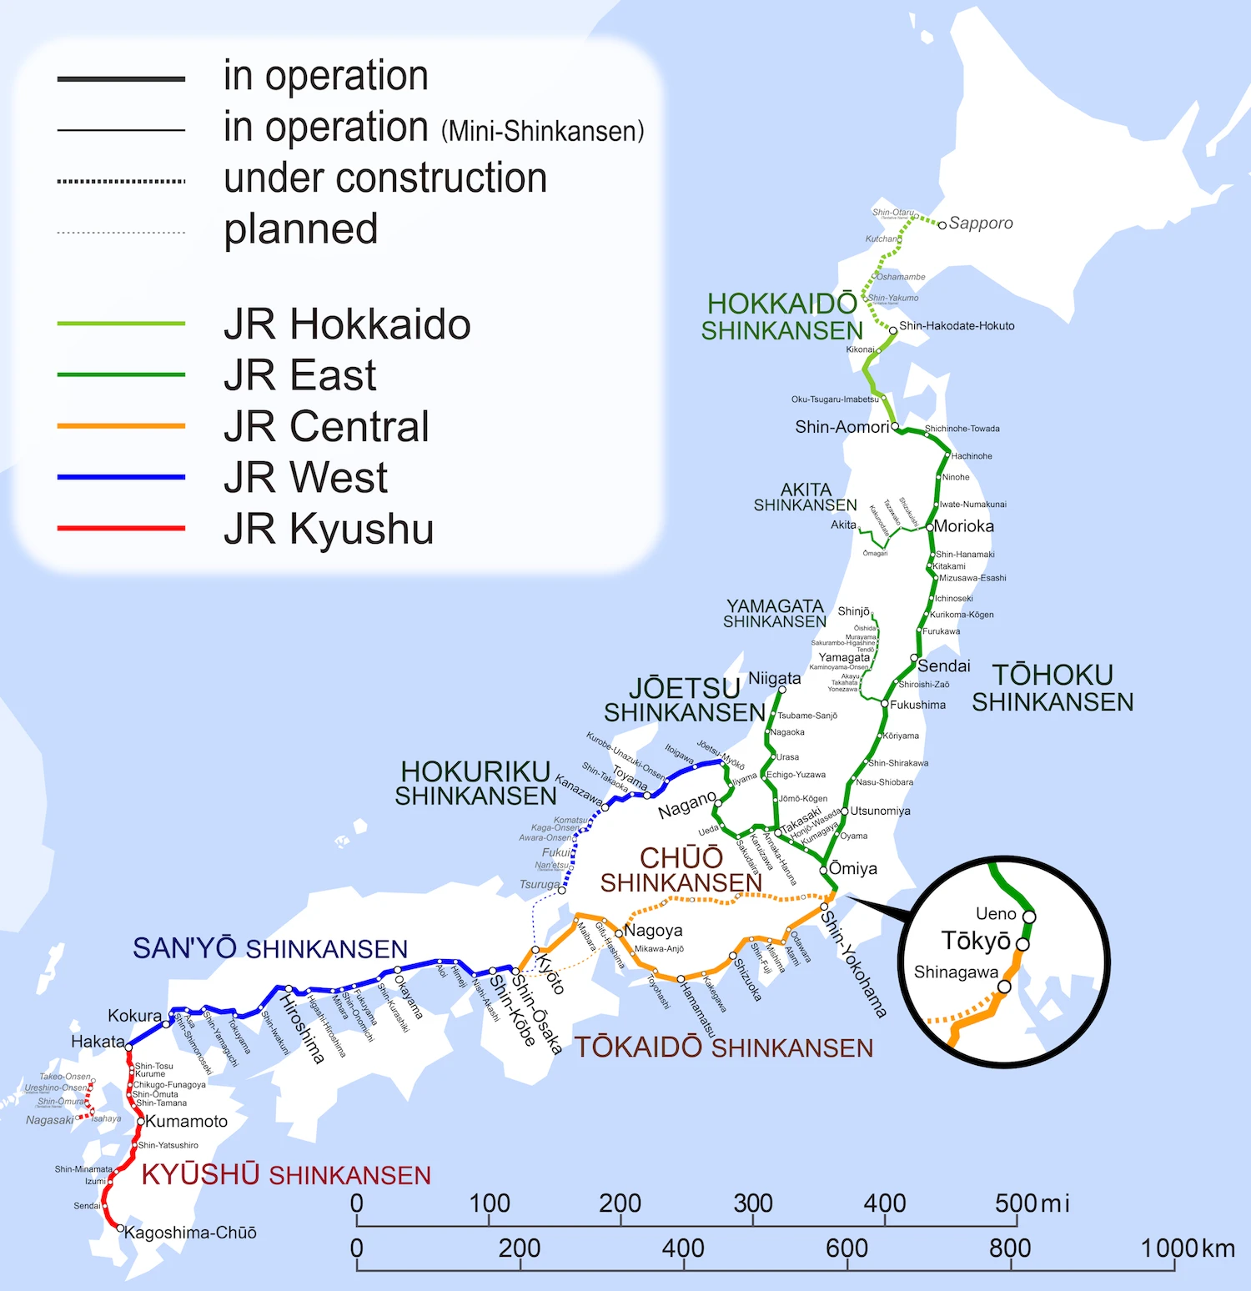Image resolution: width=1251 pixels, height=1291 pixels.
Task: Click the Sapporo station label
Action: [981, 223]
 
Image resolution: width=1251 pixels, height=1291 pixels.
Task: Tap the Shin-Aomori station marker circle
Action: [895, 426]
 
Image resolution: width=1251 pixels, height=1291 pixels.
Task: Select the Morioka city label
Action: [964, 526]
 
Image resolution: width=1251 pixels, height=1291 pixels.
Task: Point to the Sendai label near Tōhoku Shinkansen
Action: [944, 666]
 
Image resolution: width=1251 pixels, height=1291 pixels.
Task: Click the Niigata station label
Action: [774, 678]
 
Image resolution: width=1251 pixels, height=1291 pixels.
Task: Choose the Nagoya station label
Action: [654, 930]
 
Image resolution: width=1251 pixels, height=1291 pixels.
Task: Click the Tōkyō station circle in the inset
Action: [1022, 944]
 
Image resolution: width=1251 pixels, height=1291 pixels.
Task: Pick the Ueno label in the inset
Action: [996, 914]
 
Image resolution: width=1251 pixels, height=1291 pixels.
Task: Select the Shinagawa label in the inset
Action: [956, 972]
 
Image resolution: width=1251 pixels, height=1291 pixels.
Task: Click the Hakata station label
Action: [98, 1042]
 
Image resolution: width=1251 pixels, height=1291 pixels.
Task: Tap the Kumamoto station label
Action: [186, 1122]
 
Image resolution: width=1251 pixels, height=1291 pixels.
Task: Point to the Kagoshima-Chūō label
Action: [190, 1233]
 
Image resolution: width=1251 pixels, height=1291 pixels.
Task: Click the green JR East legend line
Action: [121, 374]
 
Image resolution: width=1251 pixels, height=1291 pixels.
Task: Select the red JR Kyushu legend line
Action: [121, 528]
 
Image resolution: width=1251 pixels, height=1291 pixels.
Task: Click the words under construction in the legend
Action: [384, 178]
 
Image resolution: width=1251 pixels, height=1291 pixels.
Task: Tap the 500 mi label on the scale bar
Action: [1031, 1203]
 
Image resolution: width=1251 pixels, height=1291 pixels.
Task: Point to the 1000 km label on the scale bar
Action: [1187, 1248]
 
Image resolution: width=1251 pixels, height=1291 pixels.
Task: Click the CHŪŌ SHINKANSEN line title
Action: [681, 870]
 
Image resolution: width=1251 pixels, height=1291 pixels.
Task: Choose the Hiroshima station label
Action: [302, 1029]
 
